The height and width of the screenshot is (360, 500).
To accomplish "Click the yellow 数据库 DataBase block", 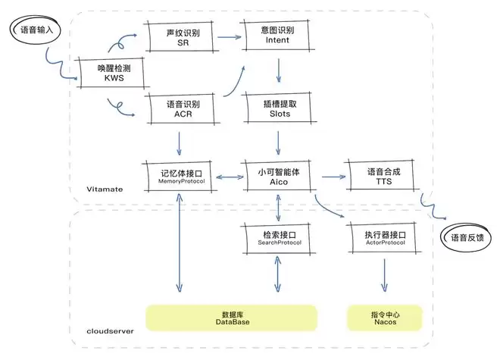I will click(231, 318).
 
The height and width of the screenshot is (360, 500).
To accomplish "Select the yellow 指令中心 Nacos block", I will click(383, 318).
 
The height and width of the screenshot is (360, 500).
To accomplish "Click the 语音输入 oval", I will click(34, 30).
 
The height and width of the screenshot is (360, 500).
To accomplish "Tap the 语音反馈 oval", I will click(467, 237).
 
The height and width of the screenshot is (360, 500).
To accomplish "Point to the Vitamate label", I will click(105, 188).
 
